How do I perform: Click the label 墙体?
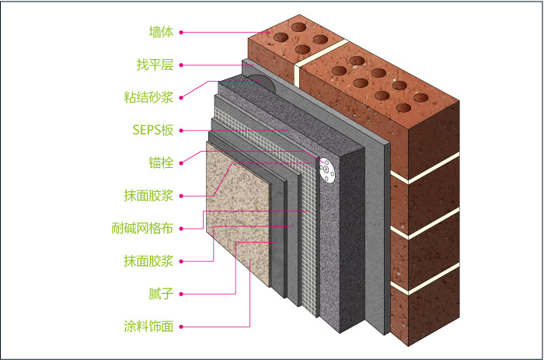coord(161,32)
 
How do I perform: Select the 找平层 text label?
coord(155,65)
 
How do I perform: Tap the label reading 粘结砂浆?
coord(150,97)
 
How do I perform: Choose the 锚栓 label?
coord(161,163)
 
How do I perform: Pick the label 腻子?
coord(161,293)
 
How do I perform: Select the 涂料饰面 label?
coord(150,326)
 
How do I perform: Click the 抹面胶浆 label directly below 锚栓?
coord(150,195)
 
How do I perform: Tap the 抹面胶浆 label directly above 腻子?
coord(150,260)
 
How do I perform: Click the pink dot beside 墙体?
coord(181,32)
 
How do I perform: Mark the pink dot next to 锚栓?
coord(181,163)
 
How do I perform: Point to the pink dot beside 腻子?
coord(181,293)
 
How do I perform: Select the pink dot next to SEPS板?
coord(181,130)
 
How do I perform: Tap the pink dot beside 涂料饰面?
coord(181,326)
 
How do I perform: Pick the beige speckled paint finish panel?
coord(241,225)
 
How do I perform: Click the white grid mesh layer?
coord(311,233)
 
